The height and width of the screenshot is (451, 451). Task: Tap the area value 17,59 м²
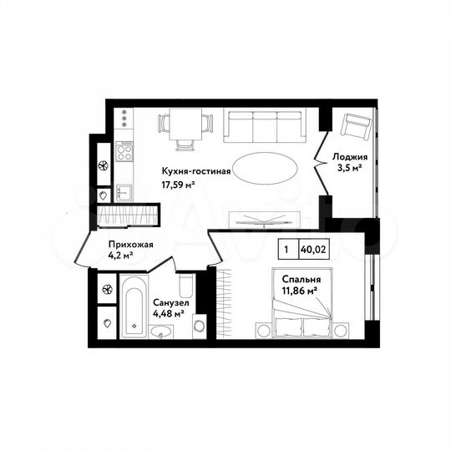pyautogui.click(x=179, y=185)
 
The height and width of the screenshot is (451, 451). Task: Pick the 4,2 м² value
pyautogui.click(x=122, y=256)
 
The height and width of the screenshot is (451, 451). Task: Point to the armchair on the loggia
pyautogui.click(x=357, y=127)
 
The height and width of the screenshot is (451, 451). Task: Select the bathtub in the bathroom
pyautogui.click(x=134, y=310)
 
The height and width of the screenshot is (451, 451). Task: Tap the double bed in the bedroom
pyautogui.click(x=302, y=322)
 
